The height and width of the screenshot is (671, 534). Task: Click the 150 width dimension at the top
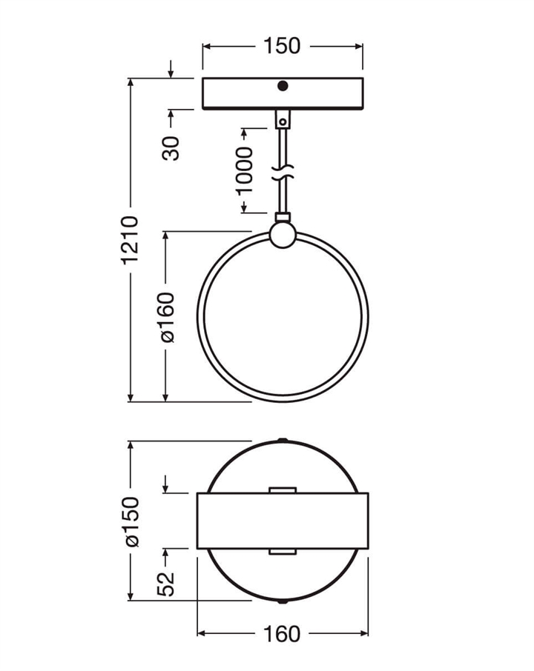(282, 46)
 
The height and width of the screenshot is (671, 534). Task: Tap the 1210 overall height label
(130, 240)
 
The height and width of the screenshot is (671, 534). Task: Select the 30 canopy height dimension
(171, 148)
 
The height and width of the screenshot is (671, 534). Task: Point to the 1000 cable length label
(245, 170)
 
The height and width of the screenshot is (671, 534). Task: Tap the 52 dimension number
(166, 584)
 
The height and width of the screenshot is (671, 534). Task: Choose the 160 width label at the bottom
(282, 634)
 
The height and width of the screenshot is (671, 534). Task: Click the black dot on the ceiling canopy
(283, 86)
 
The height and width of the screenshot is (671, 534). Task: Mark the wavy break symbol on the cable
(283, 171)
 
